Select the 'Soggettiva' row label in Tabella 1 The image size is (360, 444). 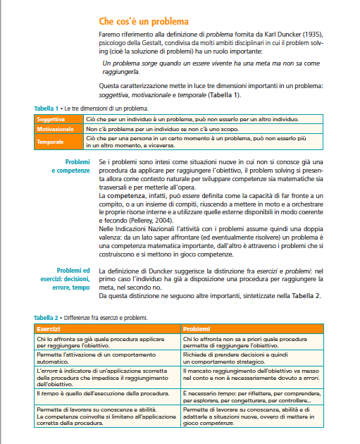pyautogui.click(x=51, y=120)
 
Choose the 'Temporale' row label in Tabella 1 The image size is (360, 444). pyautogui.click(x=51, y=142)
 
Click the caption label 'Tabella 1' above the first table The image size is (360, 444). pyautogui.click(x=47, y=109)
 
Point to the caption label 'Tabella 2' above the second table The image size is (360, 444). pyautogui.click(x=47, y=319)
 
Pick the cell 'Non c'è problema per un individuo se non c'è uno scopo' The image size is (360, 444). pyautogui.click(x=166, y=130)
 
